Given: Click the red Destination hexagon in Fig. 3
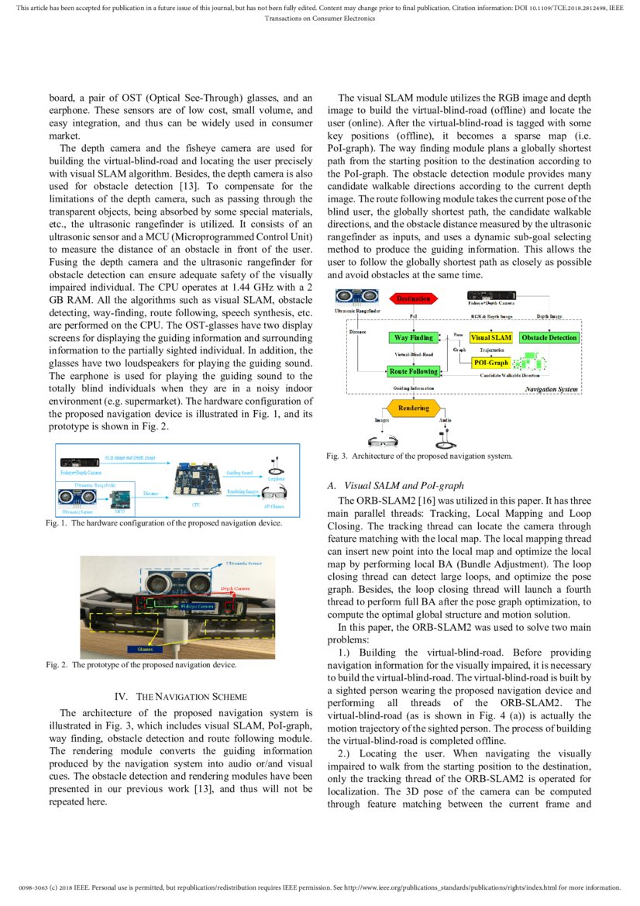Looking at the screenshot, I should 414,298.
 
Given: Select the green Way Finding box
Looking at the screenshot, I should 413,338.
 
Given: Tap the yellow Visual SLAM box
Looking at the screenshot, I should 490,338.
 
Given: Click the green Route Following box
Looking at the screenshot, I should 413,372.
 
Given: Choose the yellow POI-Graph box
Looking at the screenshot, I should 490,363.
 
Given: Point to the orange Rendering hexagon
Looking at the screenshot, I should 413,408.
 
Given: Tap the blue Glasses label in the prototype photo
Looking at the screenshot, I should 144,649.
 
